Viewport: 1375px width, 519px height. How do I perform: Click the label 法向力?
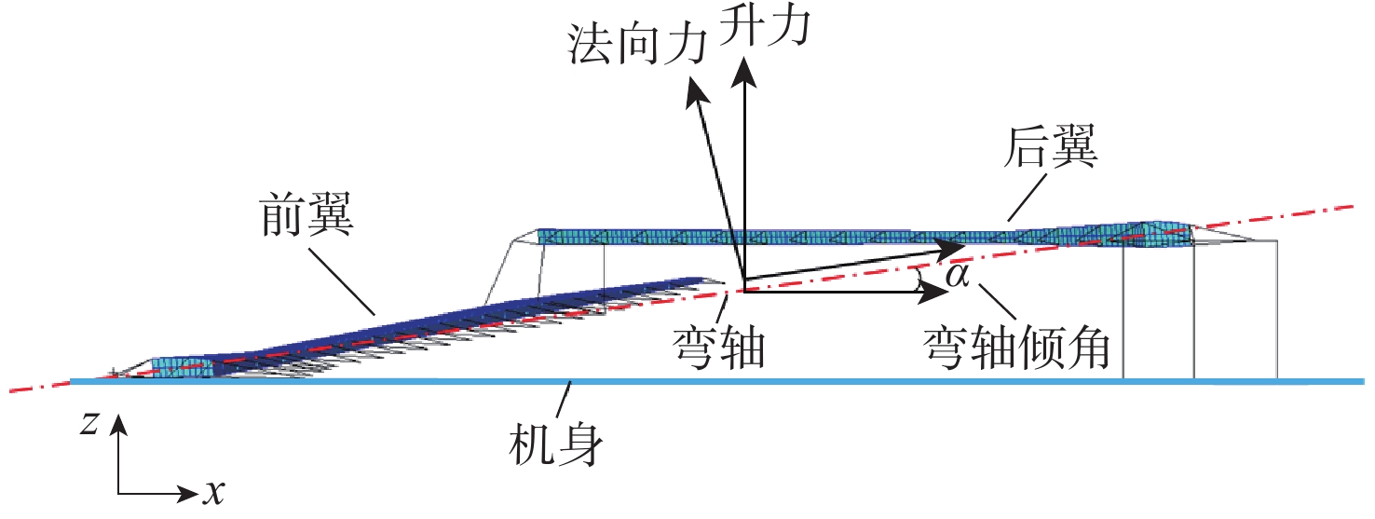pyautogui.click(x=636, y=44)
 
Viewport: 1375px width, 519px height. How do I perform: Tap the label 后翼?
pyautogui.click(x=1050, y=147)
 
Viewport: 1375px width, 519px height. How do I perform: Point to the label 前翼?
pyautogui.click(x=306, y=214)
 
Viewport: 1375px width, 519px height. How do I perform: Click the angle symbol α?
pyautogui.click(x=957, y=275)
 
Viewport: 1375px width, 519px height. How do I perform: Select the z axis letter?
pyautogui.click(x=89, y=423)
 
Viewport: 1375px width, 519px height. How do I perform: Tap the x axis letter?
pyautogui.click(x=214, y=492)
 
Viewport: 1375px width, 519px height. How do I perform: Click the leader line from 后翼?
pyautogui.click(x=1027, y=198)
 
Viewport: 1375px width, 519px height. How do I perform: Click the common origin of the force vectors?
pyautogui.click(x=745, y=291)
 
